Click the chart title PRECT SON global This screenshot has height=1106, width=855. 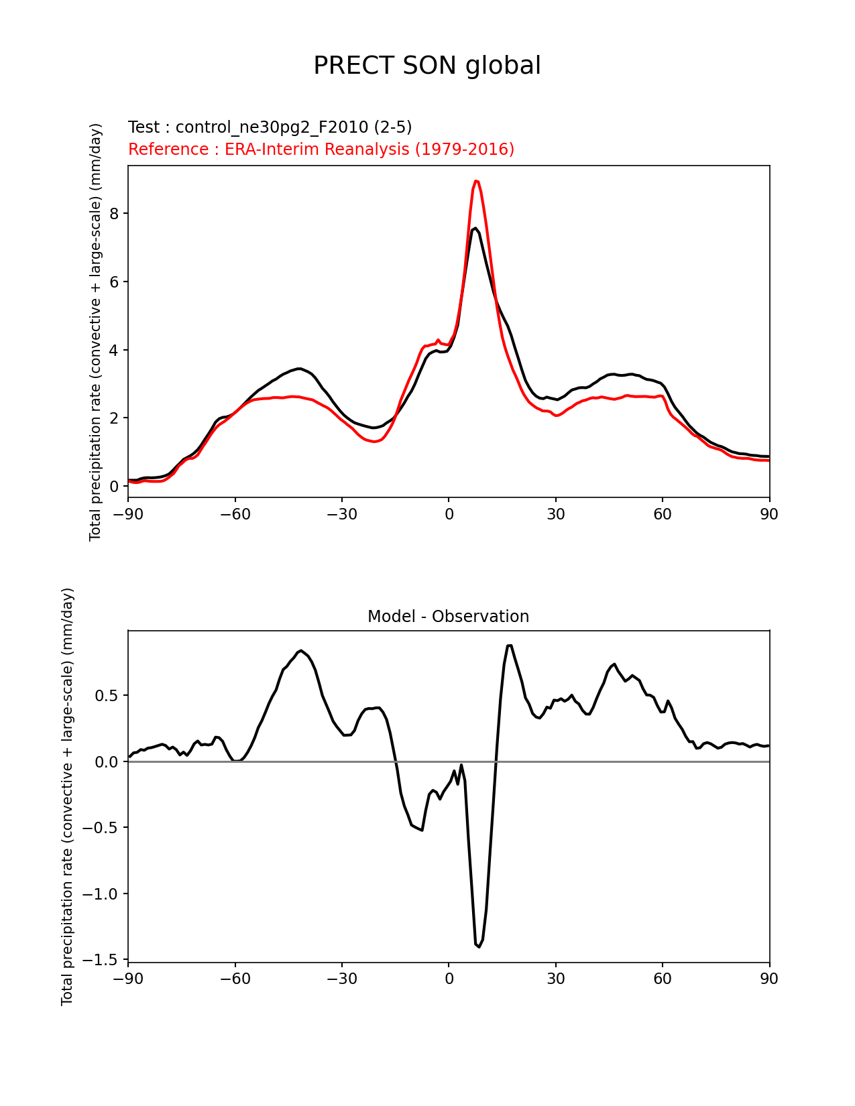[427, 66]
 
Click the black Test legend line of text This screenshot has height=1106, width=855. [270, 127]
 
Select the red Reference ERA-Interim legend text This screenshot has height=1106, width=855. [321, 149]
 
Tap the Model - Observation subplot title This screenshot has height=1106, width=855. [448, 617]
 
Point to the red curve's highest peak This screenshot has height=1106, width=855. [475, 181]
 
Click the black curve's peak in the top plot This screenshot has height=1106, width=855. [475, 229]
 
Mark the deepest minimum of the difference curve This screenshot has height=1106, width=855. [478, 946]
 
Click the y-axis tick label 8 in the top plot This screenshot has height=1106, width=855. [115, 214]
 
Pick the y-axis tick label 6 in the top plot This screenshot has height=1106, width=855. [115, 282]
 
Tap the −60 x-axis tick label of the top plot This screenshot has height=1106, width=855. [235, 514]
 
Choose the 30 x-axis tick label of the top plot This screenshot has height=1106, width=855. [555, 514]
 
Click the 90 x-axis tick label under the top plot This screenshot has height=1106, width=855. [769, 514]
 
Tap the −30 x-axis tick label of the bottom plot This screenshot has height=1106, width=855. [341, 979]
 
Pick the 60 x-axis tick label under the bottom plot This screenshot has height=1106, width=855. [663, 979]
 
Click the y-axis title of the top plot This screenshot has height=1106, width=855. [96, 332]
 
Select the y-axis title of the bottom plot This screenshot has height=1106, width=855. [67, 796]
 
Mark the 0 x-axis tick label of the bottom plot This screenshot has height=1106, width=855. [449, 979]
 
